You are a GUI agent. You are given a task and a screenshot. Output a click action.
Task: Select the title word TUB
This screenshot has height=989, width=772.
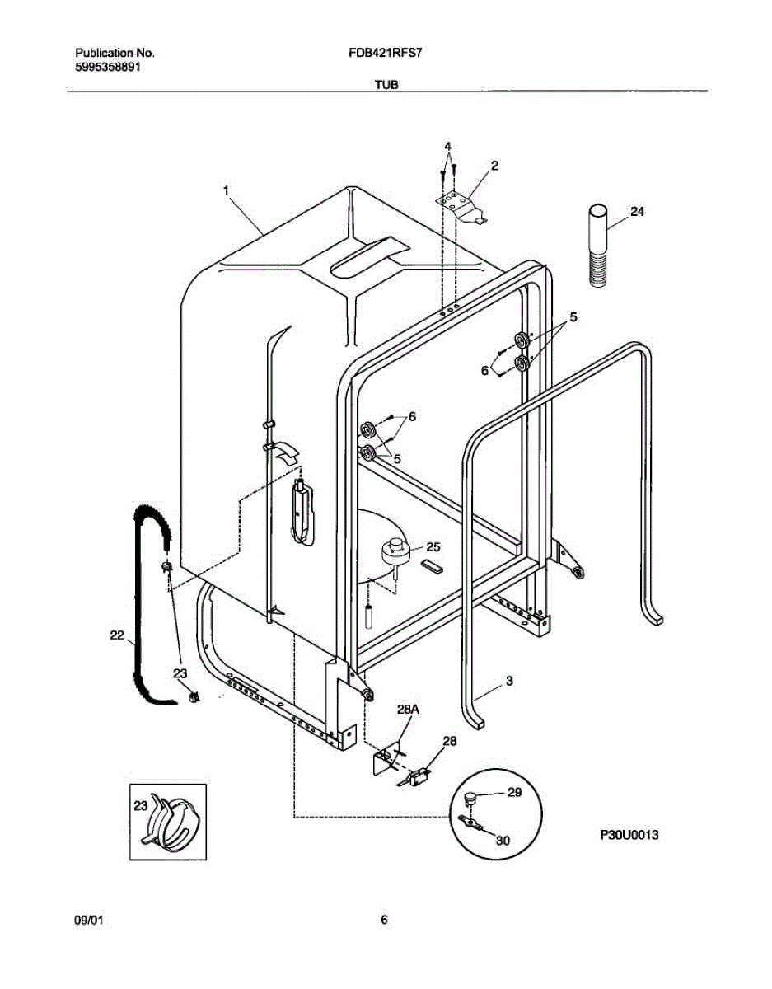386,84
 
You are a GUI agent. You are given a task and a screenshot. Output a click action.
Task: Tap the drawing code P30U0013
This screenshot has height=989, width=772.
629,835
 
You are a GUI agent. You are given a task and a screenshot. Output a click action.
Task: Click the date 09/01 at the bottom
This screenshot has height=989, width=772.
87,921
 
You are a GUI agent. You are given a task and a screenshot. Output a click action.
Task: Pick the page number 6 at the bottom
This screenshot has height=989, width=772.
384,921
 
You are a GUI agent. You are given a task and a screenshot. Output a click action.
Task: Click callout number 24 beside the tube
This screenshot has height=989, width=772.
637,212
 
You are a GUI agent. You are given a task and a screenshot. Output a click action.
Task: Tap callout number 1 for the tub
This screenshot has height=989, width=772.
225,190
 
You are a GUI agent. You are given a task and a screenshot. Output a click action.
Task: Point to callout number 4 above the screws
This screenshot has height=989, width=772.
447,147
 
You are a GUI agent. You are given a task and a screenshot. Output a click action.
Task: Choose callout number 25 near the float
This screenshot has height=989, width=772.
433,546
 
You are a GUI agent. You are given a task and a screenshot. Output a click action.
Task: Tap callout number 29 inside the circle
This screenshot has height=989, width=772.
515,793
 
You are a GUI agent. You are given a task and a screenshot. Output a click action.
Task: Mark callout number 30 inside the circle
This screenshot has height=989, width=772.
503,841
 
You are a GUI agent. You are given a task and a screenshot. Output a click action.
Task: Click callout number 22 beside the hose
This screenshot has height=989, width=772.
117,635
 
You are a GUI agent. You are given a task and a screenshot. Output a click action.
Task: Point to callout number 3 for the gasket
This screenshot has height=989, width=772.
509,681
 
